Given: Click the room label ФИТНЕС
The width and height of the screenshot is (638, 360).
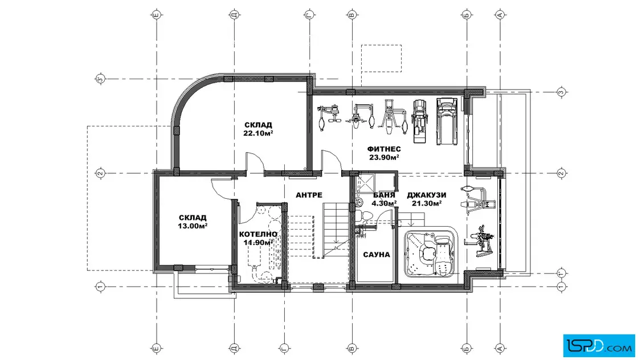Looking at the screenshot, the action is [384, 149].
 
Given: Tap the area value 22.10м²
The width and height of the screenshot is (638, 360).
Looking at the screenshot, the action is [258, 133].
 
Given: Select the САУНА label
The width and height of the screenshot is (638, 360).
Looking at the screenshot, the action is [377, 255].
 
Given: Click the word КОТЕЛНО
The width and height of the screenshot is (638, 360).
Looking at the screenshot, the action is [258, 234].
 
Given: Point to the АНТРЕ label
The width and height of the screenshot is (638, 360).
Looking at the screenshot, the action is [309, 195].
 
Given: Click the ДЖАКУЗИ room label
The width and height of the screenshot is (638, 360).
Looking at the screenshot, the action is [427, 195].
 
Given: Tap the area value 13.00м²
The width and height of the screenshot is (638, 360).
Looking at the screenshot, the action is [193, 226].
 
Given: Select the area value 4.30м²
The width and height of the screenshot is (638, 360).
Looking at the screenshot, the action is [384, 203].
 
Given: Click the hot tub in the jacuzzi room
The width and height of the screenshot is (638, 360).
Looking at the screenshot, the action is [431, 252].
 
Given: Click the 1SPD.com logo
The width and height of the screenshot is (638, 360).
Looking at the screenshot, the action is [599, 346].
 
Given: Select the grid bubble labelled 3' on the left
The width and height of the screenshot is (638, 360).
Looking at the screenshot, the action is [100, 79].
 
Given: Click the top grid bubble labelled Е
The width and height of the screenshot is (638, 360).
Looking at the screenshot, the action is [157, 15].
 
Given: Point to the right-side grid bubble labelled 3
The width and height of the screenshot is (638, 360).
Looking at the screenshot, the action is [562, 92].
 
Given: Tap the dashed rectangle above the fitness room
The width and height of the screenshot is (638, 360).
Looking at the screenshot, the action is [381, 59].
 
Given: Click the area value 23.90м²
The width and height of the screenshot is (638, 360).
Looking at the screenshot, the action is [384, 157].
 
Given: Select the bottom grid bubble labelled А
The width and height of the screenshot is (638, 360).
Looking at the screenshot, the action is [501, 348].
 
